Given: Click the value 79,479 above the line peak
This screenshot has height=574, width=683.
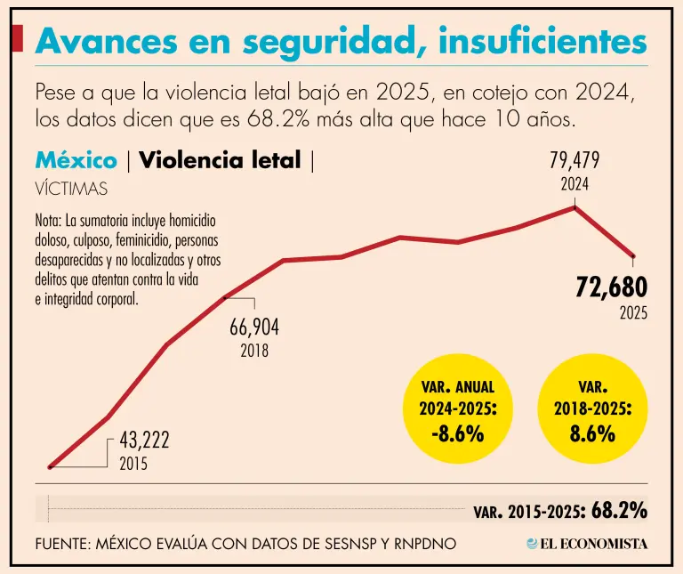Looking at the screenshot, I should [x=574, y=160].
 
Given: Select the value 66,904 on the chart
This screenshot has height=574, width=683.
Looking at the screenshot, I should [x=254, y=327].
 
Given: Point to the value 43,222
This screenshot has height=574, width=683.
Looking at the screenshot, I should [x=144, y=441].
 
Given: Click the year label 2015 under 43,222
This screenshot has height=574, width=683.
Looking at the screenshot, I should [x=133, y=464].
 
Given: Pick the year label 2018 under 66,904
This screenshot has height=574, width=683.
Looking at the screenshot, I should [x=254, y=351].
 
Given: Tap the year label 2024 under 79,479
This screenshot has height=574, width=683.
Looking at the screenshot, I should [x=574, y=185].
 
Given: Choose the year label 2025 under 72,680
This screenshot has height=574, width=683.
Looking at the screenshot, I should [x=633, y=313].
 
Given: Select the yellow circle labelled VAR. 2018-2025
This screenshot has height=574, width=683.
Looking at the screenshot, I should [x=592, y=410].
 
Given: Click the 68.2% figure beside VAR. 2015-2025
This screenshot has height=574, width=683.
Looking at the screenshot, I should [x=619, y=511].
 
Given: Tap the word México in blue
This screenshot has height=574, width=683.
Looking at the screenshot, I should [x=76, y=161].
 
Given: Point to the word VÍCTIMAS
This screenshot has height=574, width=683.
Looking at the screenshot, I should [x=71, y=189].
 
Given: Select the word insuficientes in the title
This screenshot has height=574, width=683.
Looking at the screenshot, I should [x=542, y=42].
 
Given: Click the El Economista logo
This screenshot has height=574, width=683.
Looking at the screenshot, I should [x=587, y=543].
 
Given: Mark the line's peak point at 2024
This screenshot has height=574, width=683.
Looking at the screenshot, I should [x=575, y=206].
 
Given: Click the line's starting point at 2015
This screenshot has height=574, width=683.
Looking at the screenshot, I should [x=51, y=465].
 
